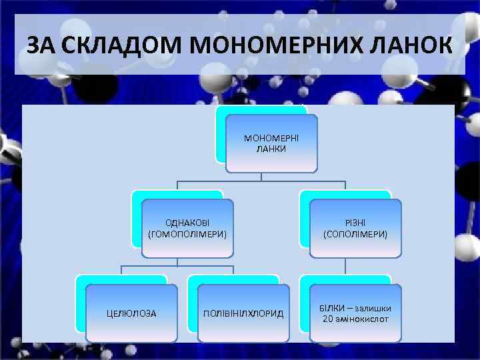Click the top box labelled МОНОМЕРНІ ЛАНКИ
pos(271,143)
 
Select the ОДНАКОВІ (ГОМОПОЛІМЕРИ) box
pos(187,228)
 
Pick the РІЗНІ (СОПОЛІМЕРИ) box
pos(355,228)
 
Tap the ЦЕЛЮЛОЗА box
pos(132,313)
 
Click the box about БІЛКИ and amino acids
pos(355,313)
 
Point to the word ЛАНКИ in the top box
pos(271,149)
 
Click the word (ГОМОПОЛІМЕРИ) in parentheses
pos(187,234)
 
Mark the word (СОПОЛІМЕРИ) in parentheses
pos(355,234)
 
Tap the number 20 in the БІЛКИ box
pos(327,319)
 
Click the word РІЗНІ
pos(355,223)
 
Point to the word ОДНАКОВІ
pos(187,223)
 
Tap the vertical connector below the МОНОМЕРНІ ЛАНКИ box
pos(261,176)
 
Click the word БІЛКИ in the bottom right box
pos(331,308)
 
